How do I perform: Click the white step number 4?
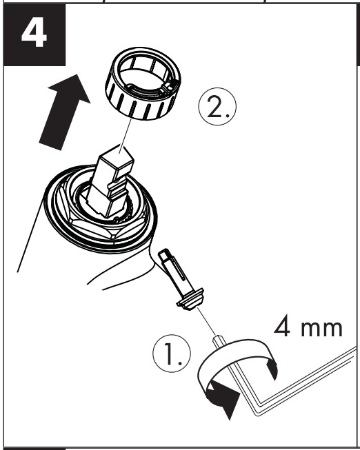pos(34,32)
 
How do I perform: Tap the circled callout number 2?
pos(217,107)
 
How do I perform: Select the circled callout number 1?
pos(172,354)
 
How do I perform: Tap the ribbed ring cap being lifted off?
pos(143,83)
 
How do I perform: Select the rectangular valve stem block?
pos(110,181)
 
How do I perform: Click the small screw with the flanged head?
pos(181,279)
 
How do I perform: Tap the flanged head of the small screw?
pos(190,300)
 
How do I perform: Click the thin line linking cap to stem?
pos(126,134)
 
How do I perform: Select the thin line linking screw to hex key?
pos(207,321)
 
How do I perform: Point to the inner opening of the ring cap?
pos(143,75)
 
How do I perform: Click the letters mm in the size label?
pos(322,329)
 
